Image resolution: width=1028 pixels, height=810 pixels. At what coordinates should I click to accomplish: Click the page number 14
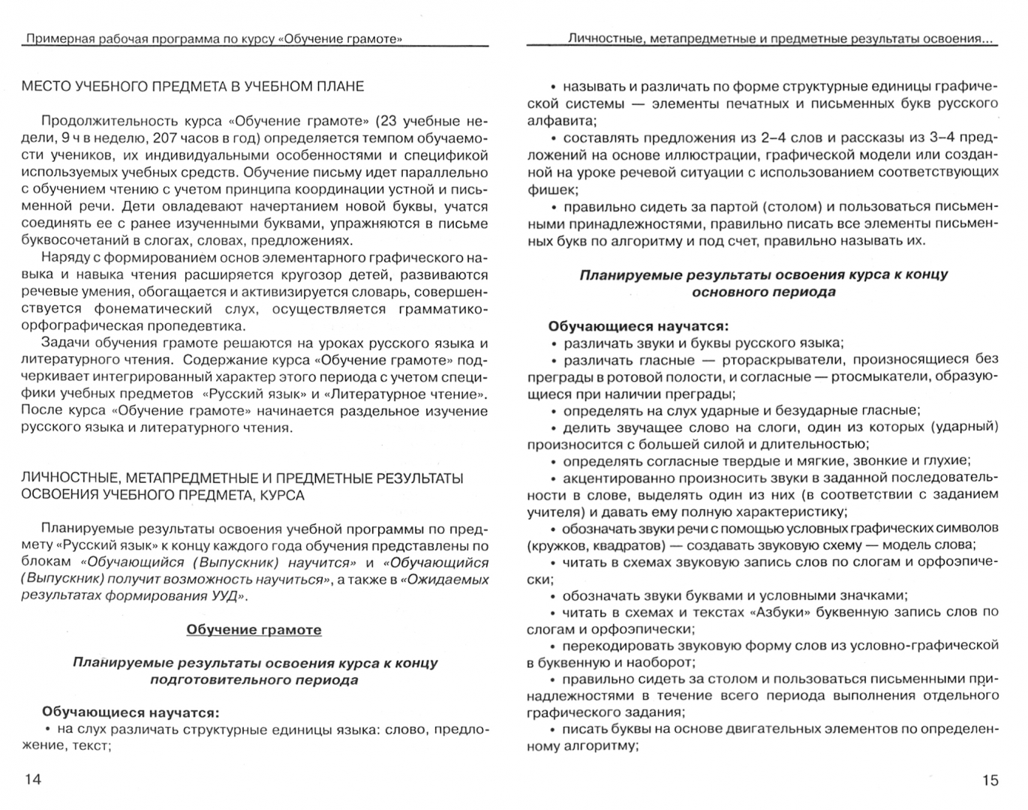[x=33, y=779]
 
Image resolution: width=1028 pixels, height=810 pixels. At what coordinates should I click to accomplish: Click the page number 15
[x=990, y=780]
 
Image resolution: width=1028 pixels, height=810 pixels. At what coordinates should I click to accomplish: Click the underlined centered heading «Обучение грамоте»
[x=254, y=630]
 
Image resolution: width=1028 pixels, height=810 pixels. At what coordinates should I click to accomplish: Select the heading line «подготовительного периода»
[x=254, y=680]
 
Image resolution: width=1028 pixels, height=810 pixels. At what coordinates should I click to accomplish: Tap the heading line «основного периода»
[x=763, y=292]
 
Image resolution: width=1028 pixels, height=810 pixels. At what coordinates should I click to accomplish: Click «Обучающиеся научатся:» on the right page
[x=638, y=326]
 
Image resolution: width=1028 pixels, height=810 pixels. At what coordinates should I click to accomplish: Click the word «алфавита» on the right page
[x=560, y=120]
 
